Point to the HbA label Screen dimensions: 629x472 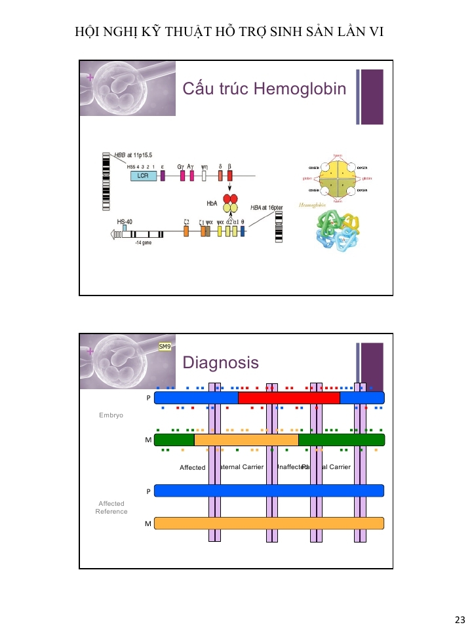(x=212, y=204)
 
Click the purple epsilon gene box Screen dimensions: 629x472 (x=162, y=176)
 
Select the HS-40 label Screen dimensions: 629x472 (x=125, y=222)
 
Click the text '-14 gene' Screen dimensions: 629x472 (x=144, y=242)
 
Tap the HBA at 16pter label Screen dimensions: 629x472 (x=267, y=207)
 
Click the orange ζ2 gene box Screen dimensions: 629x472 (x=186, y=231)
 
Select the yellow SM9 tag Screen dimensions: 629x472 (x=165, y=347)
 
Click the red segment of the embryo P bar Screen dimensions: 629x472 (x=288, y=398)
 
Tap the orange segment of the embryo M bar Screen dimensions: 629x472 (x=246, y=440)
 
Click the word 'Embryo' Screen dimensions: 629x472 (x=111, y=415)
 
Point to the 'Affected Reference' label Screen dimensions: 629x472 (x=111, y=507)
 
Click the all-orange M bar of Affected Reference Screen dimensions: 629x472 (x=269, y=523)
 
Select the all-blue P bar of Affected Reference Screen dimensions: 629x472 (x=269, y=490)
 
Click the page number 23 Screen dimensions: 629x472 (x=459, y=619)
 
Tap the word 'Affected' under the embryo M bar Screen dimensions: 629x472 (x=192, y=468)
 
